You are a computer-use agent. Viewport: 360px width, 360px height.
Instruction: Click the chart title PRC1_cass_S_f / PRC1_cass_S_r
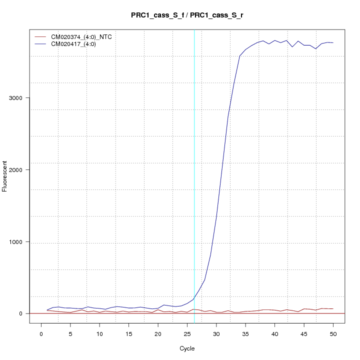point(187,15)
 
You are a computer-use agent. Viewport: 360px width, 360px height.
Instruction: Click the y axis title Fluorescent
point(5,176)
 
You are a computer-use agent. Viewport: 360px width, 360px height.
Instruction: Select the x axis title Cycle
point(187,348)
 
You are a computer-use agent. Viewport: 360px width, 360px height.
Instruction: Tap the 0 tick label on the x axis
point(41,333)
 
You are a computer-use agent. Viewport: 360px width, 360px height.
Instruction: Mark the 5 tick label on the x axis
point(70,333)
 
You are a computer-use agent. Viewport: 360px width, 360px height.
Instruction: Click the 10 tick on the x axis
point(99,333)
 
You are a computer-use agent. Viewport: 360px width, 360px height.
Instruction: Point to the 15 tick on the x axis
point(128,333)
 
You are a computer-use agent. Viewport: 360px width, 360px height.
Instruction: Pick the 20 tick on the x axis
point(158,333)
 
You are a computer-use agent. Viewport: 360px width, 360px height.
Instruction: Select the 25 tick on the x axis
point(187,333)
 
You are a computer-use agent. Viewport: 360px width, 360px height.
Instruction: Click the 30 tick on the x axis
point(216,333)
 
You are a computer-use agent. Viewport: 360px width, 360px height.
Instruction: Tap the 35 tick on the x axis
point(245,333)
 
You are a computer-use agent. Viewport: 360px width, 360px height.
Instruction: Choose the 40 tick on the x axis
point(274,333)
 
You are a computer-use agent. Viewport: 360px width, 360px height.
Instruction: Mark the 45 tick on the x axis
point(304,333)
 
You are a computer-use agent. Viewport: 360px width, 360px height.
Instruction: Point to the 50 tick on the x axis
point(333,333)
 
